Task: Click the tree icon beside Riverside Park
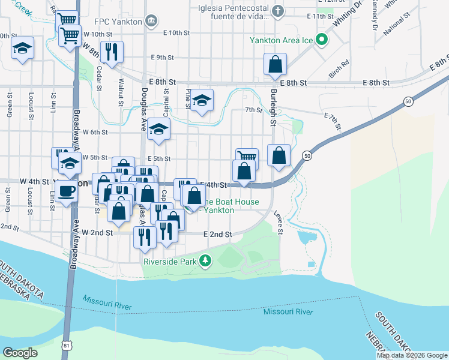(206, 260)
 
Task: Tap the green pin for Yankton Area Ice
(322, 40)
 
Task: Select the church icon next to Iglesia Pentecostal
(278, 10)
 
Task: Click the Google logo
(20, 353)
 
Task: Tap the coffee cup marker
(67, 191)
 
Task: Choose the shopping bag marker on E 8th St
(275, 64)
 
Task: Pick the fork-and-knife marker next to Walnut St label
(112, 52)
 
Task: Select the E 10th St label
(180, 32)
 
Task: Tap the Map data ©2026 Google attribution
(412, 355)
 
